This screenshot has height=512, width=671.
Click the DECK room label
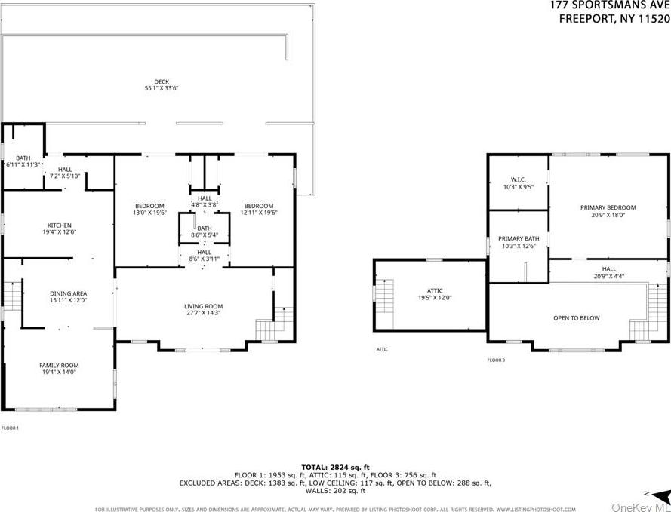tap(162, 81)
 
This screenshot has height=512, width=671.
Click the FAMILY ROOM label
tap(59, 366)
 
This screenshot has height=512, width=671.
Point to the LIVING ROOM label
tap(203, 306)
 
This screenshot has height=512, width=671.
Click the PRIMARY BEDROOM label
tap(608, 207)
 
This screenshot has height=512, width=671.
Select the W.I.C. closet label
tap(517, 179)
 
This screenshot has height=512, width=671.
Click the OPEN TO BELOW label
tap(576, 318)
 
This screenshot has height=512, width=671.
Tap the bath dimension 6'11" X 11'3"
tap(21, 164)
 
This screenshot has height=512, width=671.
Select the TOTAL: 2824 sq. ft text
tap(335, 468)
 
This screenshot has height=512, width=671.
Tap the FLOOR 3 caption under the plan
tap(496, 360)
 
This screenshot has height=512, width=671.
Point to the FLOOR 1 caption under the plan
tap(10, 428)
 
